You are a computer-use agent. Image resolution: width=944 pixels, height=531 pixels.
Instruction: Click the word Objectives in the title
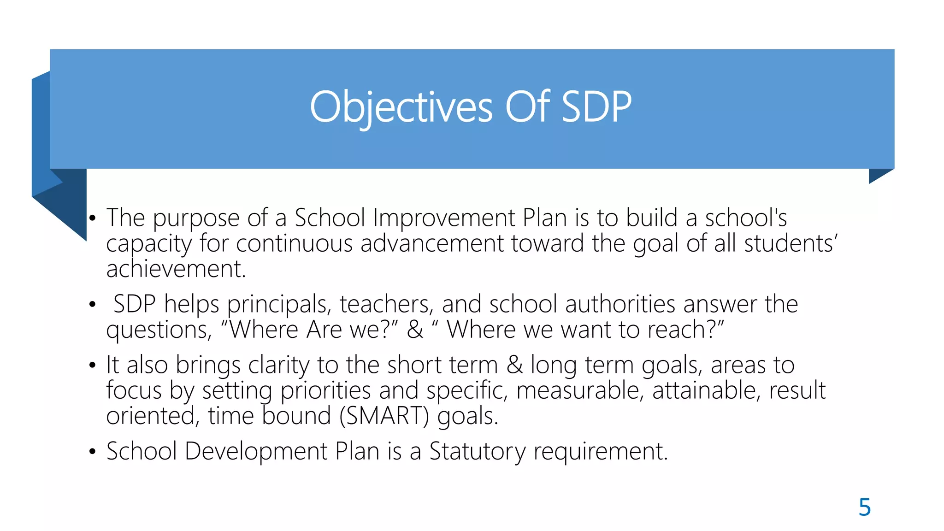point(401,107)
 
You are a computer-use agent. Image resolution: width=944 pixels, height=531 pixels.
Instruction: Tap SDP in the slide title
point(596,107)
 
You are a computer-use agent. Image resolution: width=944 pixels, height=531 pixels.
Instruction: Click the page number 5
point(864,507)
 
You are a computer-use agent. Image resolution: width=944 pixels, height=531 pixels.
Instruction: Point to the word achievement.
point(176,269)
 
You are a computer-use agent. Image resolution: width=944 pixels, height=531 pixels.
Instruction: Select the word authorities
point(620,305)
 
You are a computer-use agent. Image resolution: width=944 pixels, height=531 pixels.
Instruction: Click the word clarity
point(278,365)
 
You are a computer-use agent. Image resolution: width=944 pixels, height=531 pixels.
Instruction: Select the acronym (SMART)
point(384,416)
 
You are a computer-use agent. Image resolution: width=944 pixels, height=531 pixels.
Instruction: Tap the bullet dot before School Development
point(93,452)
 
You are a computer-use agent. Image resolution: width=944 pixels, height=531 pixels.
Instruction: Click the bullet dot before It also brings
point(93,366)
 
